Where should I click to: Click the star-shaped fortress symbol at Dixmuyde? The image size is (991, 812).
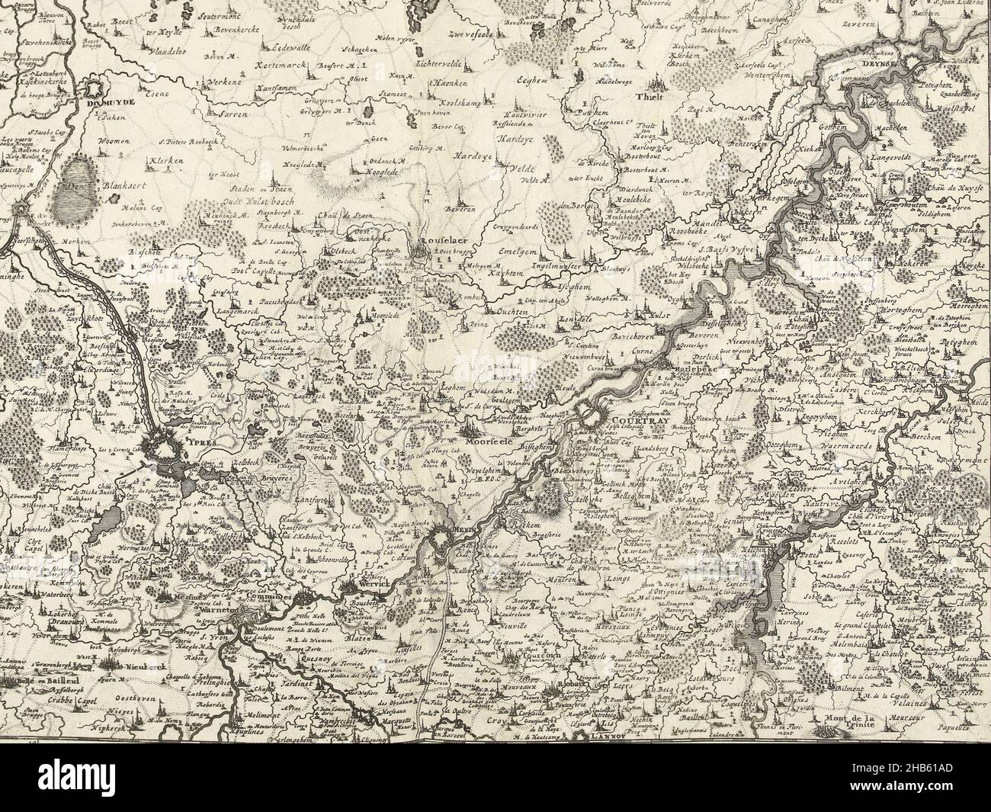101,90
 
